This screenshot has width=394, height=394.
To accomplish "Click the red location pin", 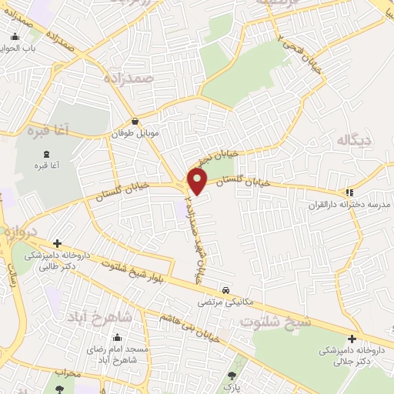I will [198, 181].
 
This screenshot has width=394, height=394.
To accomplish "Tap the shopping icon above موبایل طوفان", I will [135, 121].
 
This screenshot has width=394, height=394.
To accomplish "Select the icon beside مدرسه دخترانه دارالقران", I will [349, 192].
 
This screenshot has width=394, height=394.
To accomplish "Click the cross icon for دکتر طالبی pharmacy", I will [57, 243].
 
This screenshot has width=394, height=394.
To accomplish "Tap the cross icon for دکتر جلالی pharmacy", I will [352, 339].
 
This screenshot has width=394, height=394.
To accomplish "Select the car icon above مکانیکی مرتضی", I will [225, 290].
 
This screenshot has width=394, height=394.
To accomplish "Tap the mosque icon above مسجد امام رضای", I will [116, 338].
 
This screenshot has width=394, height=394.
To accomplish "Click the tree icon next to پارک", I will [232, 376].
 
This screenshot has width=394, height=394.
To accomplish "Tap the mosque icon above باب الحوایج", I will [15, 36].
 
